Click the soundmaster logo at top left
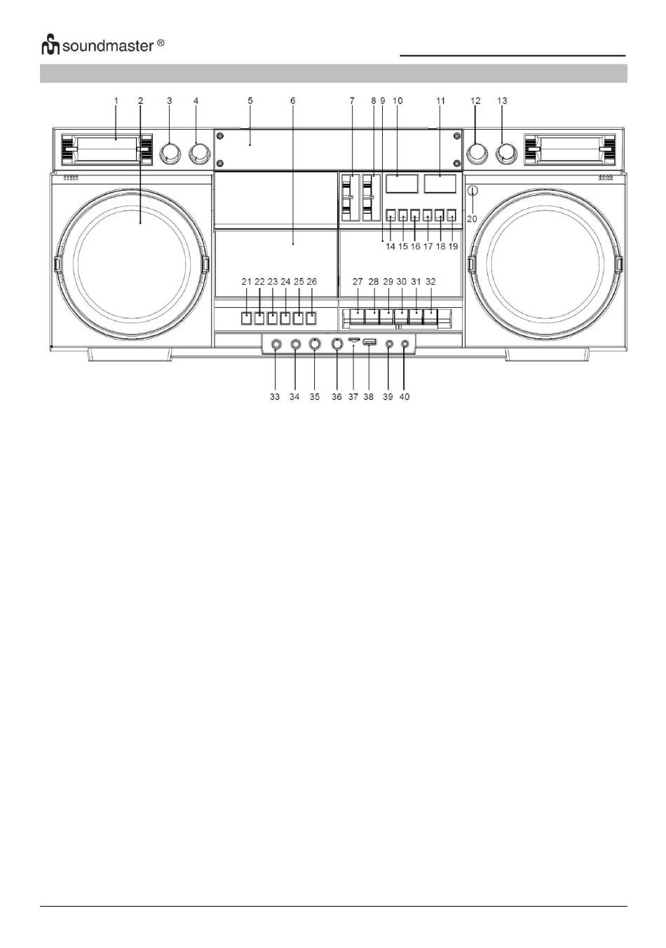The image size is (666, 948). coord(102,46)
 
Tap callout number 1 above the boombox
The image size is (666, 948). coord(116,101)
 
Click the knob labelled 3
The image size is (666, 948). coord(169,153)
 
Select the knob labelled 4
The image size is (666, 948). coord(199,153)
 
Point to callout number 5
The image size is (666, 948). coord(250,101)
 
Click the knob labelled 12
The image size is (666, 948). coord(477,153)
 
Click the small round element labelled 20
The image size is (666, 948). coord(473,190)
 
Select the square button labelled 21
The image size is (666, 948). coord(246,318)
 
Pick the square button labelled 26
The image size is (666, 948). coord(311,318)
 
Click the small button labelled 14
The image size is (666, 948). coord(391,216)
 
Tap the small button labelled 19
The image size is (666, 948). coord(452,216)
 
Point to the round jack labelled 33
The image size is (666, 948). coord(276,344)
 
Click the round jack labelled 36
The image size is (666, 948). coord(337,344)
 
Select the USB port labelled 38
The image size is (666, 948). coord(370,343)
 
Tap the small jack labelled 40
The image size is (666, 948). coord(405,344)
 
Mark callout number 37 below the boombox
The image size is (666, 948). coord(353,397)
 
